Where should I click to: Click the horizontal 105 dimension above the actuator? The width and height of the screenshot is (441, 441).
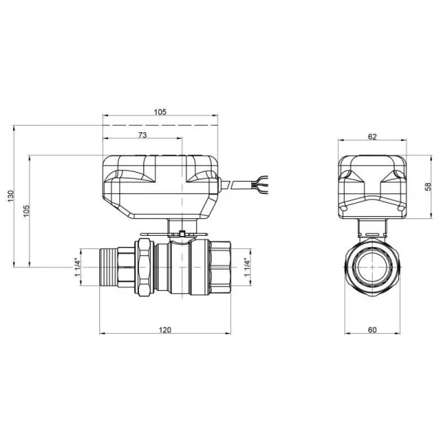coord(160,112)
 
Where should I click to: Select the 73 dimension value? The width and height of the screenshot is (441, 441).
coord(143,135)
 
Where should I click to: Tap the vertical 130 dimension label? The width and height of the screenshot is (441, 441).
coord(11,196)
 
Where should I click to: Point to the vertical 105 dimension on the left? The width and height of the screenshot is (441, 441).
coord(26,211)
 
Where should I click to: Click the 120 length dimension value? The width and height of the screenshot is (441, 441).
coord(165,329)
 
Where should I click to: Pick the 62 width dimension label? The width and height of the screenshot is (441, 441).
coord(372,137)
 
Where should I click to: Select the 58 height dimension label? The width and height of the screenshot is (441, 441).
coord(428,187)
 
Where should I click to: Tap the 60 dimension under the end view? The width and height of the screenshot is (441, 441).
coord(372,329)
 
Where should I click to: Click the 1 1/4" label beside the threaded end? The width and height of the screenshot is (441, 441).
coord(78,268)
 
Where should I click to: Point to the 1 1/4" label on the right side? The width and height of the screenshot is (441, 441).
coord(247,268)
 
